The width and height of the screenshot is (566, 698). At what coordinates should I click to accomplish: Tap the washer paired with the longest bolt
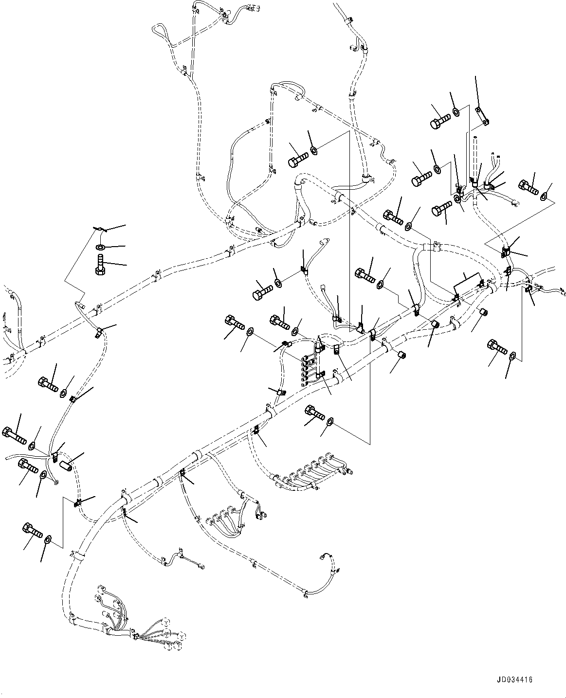tap(33, 445)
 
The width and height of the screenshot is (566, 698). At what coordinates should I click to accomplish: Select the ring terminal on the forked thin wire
tap(56, 483)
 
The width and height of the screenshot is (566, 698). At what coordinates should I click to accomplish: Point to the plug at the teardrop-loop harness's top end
tap(253, 8)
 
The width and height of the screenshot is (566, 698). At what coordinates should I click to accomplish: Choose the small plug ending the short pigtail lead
tap(201, 566)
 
